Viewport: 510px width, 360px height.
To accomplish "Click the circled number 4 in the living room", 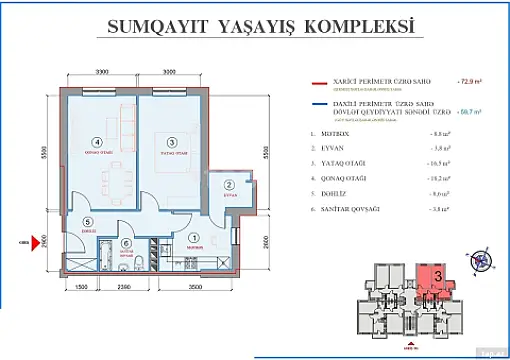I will coord(97,142).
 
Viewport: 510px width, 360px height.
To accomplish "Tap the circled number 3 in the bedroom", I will coord(172,142).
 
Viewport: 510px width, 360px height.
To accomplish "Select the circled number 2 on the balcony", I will coord(229,185).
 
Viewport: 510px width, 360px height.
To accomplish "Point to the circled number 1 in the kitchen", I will coord(193,237).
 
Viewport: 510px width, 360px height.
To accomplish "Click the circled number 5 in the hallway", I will coord(88,222).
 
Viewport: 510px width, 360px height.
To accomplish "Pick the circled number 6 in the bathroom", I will coord(125,242).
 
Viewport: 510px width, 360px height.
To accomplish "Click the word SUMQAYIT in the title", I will coord(157,29).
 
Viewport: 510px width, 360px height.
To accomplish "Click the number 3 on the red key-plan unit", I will coord(437,274).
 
